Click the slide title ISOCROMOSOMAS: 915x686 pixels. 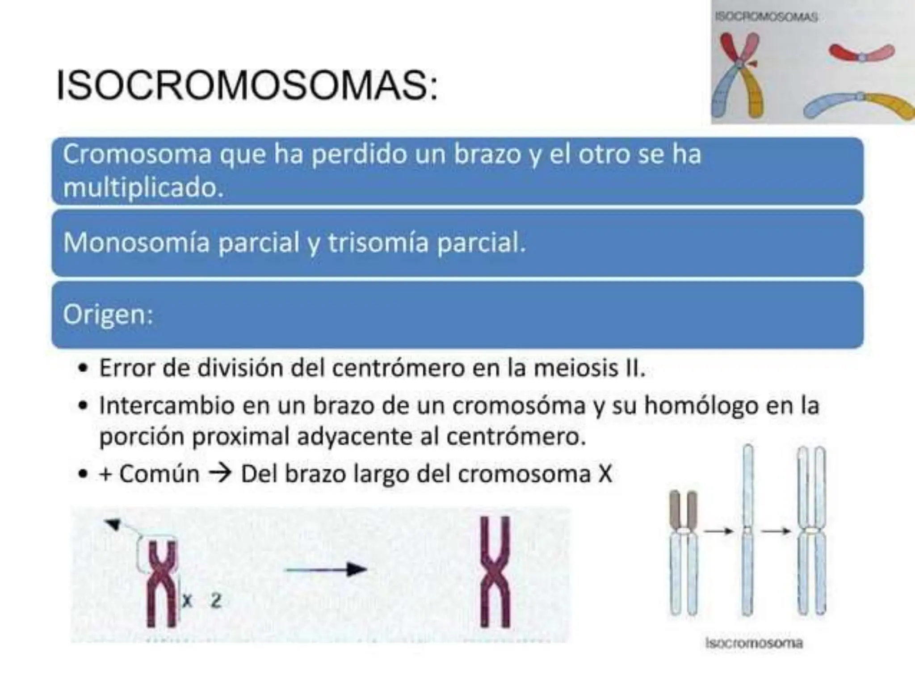pos(247,86)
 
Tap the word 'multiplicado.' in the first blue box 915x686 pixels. pos(143,188)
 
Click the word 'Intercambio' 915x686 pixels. pos(167,406)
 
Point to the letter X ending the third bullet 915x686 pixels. pos(604,474)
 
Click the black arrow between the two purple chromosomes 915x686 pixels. pos(326,569)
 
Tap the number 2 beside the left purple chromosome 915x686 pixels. pos(216,601)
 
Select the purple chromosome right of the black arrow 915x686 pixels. pos(495,572)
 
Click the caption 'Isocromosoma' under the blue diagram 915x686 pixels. pos(754,643)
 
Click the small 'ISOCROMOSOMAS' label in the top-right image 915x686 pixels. pos(766,17)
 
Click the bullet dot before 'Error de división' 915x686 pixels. pos(82,369)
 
